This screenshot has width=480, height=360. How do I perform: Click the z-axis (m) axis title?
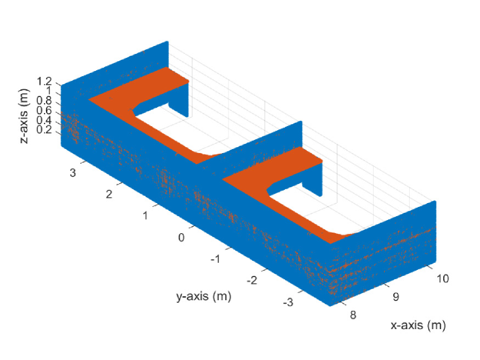[x=24, y=116]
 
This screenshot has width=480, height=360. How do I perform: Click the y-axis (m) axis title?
[x=204, y=296]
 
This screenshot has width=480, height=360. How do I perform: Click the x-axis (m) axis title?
[x=418, y=325]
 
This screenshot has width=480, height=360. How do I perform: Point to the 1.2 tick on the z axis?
[x=45, y=82]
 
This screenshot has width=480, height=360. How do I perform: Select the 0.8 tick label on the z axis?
[x=45, y=101]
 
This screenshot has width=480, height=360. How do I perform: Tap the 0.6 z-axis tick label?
[x=45, y=110]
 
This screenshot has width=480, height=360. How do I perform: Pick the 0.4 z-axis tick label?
[x=45, y=120]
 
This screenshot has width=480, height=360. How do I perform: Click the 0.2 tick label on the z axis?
[x=45, y=129]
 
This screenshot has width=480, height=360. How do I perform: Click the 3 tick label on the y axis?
[x=72, y=173]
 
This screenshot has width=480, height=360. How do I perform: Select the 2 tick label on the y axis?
[x=109, y=194]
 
